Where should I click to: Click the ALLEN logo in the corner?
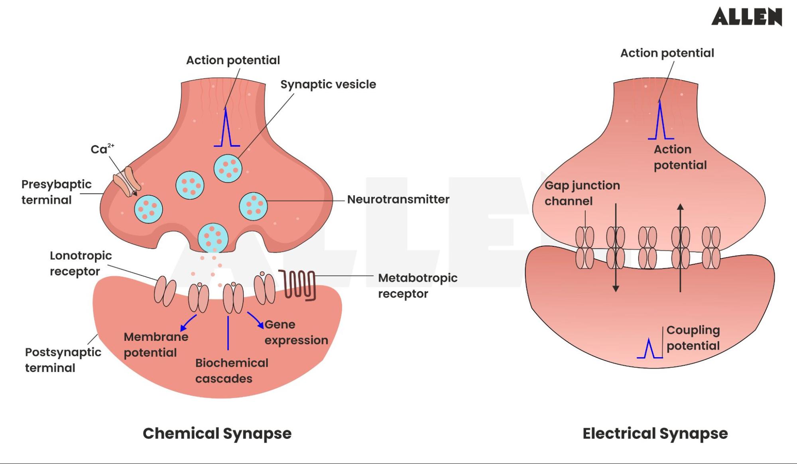[746, 17]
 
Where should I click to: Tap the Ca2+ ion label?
[102, 149]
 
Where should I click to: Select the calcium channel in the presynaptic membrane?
[127, 182]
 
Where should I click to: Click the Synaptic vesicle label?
[328, 85]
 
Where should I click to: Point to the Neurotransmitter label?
[398, 199]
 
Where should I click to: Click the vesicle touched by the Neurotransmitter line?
[253, 206]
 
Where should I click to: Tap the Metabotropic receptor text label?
[417, 285]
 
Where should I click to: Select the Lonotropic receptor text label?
[81, 263]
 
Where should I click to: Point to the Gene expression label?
[296, 332]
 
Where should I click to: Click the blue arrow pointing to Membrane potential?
[188, 322]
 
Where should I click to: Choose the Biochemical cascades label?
[231, 370]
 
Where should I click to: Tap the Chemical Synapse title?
[217, 433]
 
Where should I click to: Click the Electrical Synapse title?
[655, 433]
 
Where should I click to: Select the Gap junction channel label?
[582, 193]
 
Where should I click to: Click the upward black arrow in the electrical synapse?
[680, 247]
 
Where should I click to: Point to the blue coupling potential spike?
[649, 349]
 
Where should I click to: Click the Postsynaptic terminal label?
[63, 360]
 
